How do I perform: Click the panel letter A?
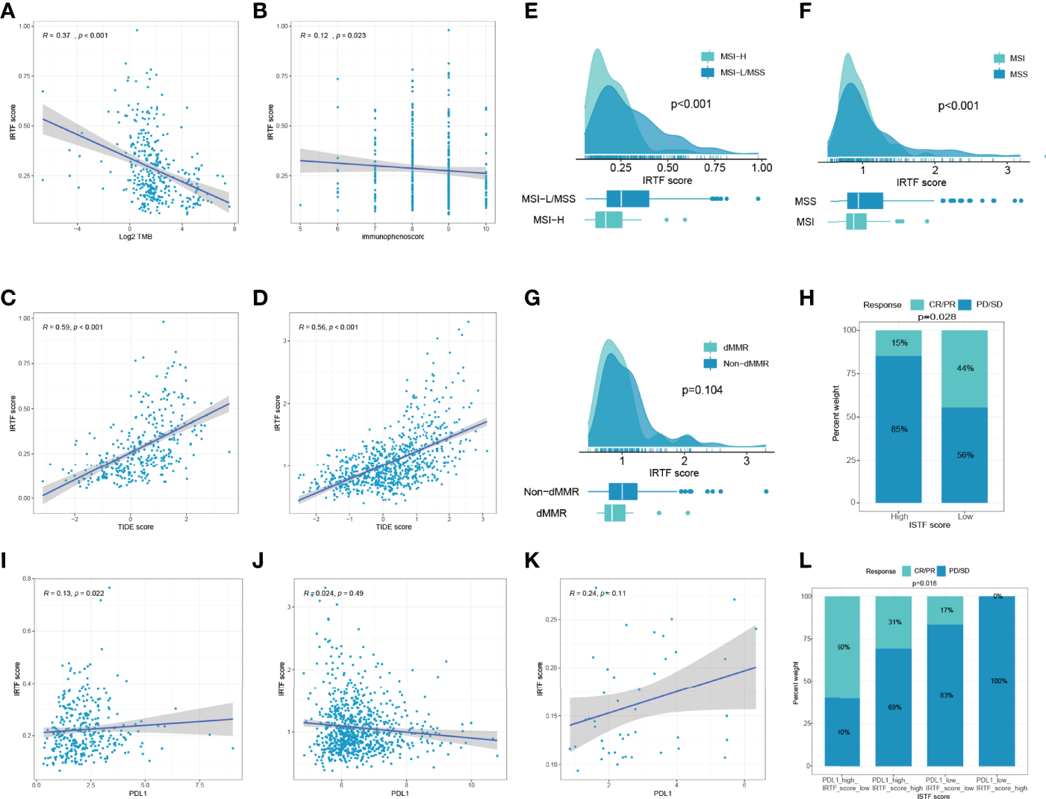pyautogui.click(x=8, y=10)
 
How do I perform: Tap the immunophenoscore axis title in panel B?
pyautogui.click(x=393, y=237)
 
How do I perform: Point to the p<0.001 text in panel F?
pyautogui.click(x=958, y=106)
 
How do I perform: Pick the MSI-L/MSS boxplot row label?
pyautogui.click(x=548, y=199)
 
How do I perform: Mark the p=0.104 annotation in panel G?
pyautogui.click(x=702, y=390)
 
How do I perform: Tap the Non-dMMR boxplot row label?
pyautogui.click(x=551, y=491)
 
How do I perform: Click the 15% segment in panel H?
pyautogui.click(x=899, y=343)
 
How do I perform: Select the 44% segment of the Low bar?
pyautogui.click(x=965, y=368)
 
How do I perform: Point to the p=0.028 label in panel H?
pyautogui.click(x=936, y=317)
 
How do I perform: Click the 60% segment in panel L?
pyautogui.click(x=843, y=647)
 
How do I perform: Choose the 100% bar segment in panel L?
pyautogui.click(x=998, y=680)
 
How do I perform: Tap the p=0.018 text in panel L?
pyautogui.click(x=924, y=583)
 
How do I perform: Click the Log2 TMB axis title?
pyautogui.click(x=135, y=237)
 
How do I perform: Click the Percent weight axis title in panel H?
pyautogui.click(x=836, y=413)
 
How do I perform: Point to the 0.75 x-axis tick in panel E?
pyautogui.click(x=715, y=167)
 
